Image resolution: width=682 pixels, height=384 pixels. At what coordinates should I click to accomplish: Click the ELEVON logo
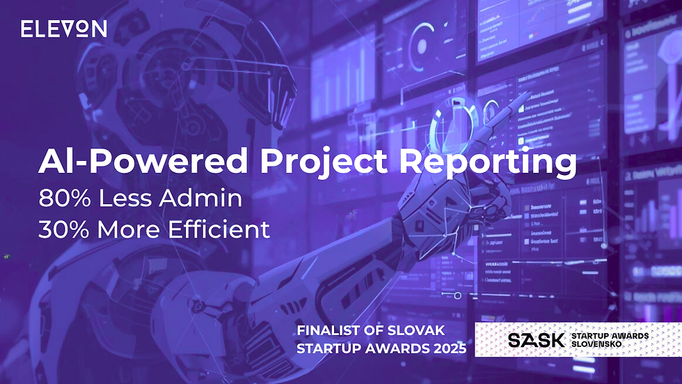coord(63,29)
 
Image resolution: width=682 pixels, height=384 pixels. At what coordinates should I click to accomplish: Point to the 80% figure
coord(61,199)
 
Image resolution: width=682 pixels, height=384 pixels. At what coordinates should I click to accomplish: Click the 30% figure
coord(61,229)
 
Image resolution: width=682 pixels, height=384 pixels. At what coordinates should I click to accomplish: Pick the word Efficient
coord(220,229)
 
